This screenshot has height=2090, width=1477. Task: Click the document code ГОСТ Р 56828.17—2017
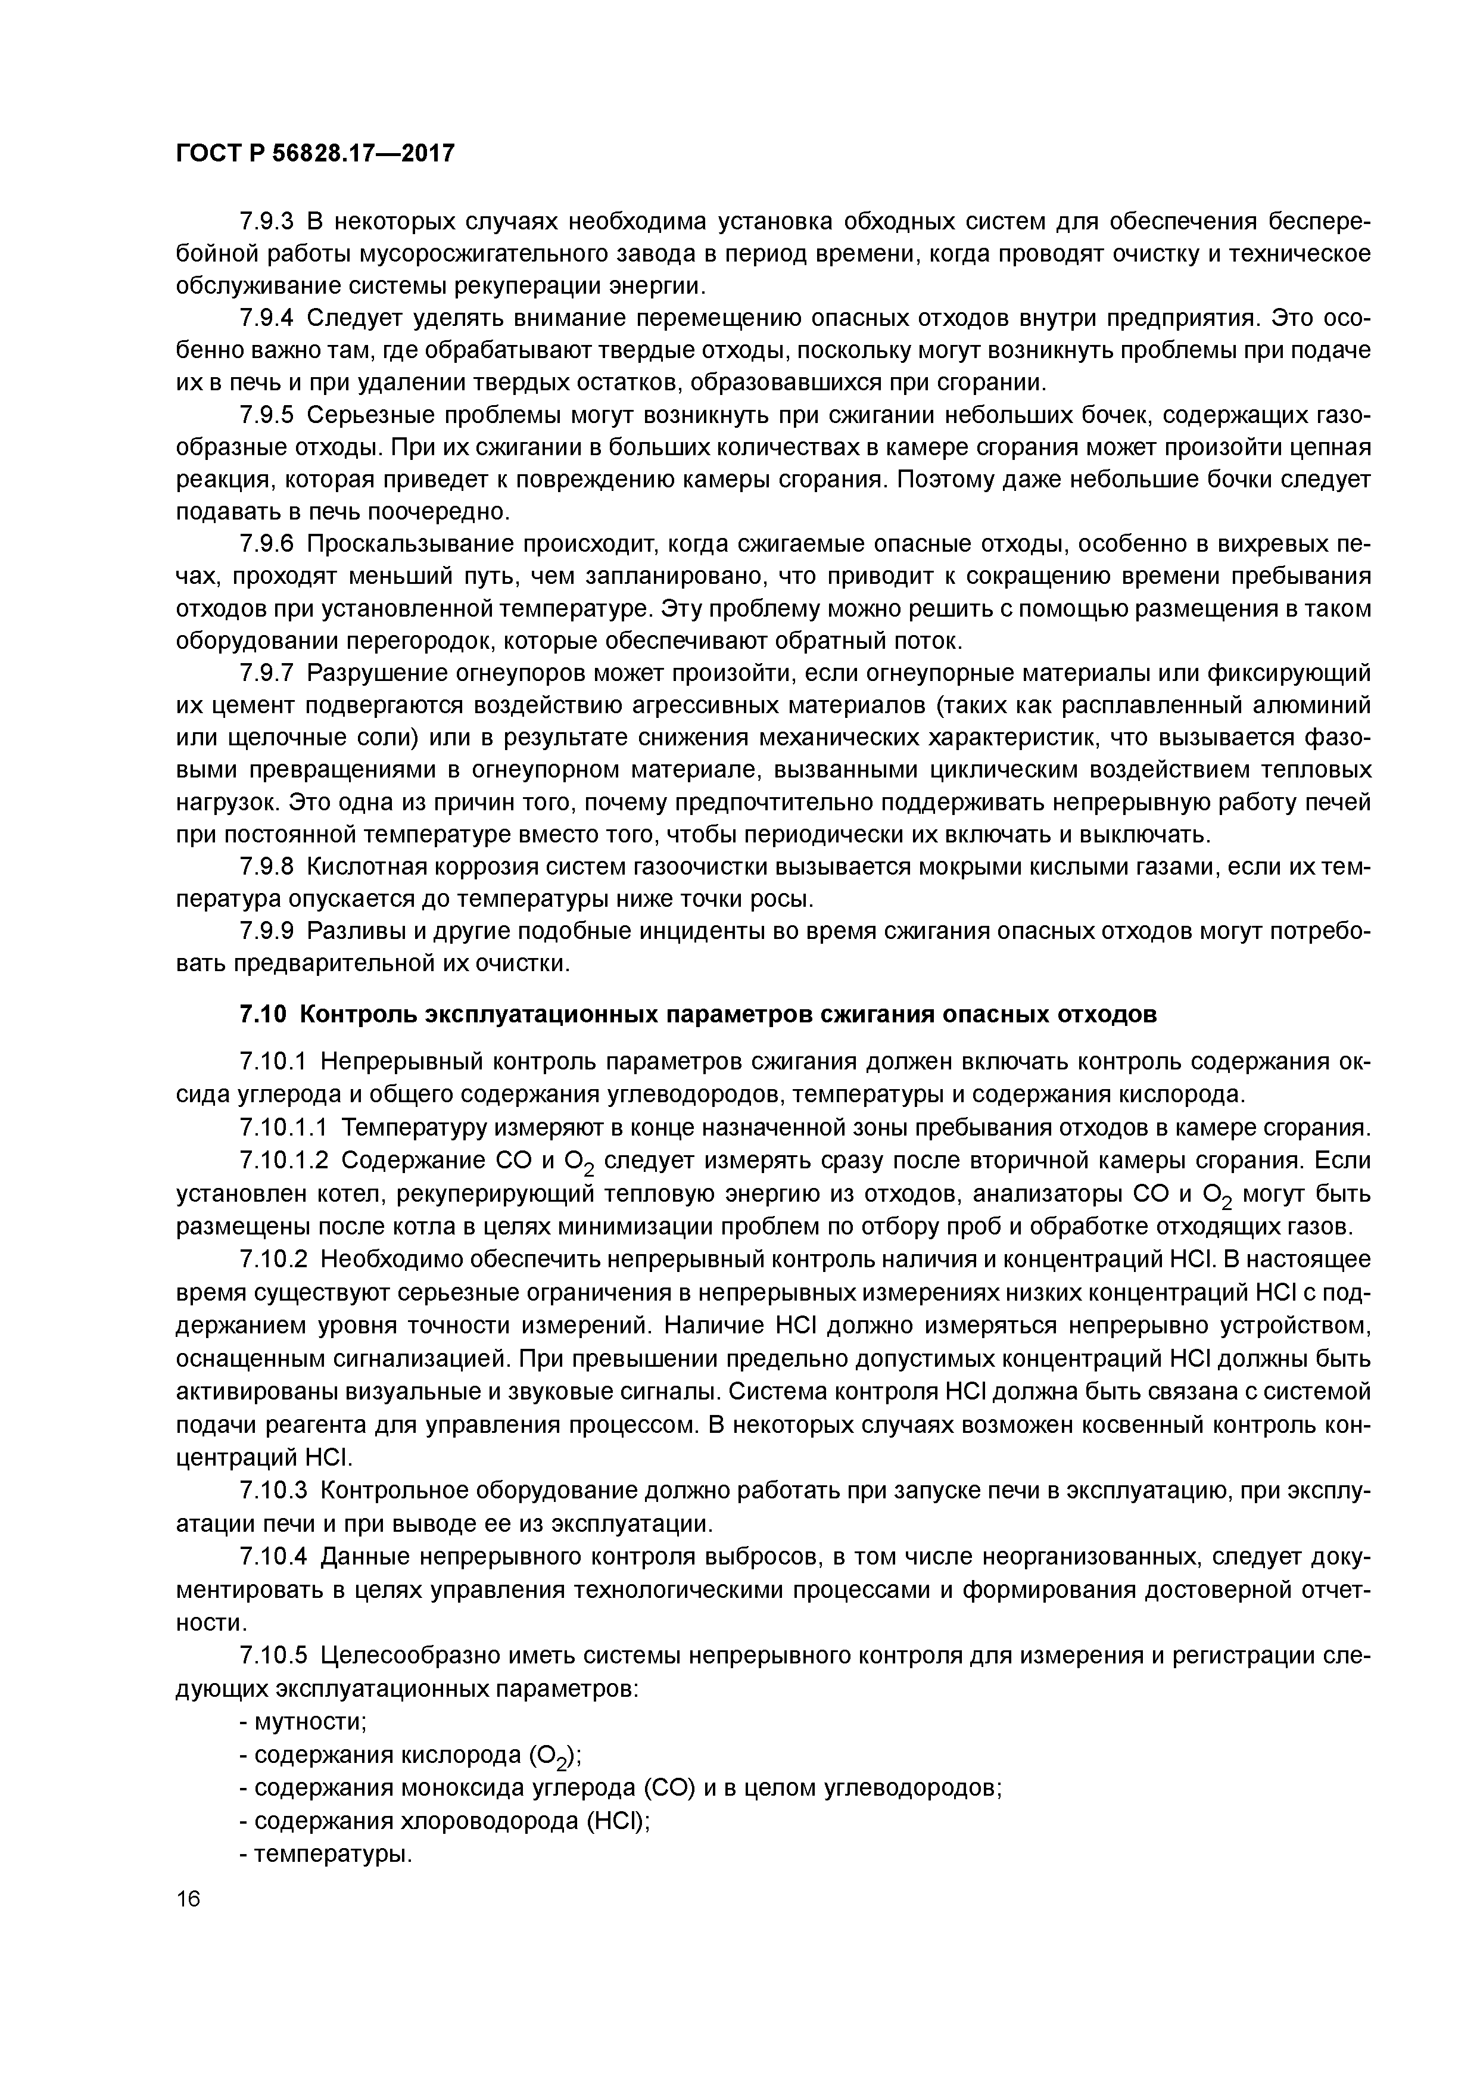pos(314,153)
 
